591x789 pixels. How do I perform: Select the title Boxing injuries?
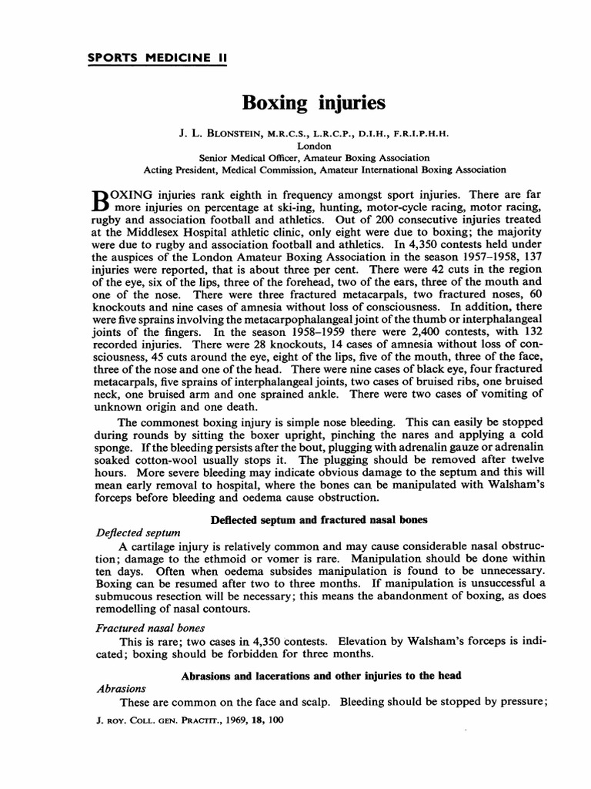coord(302,102)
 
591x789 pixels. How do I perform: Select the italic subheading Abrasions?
coord(121,689)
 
